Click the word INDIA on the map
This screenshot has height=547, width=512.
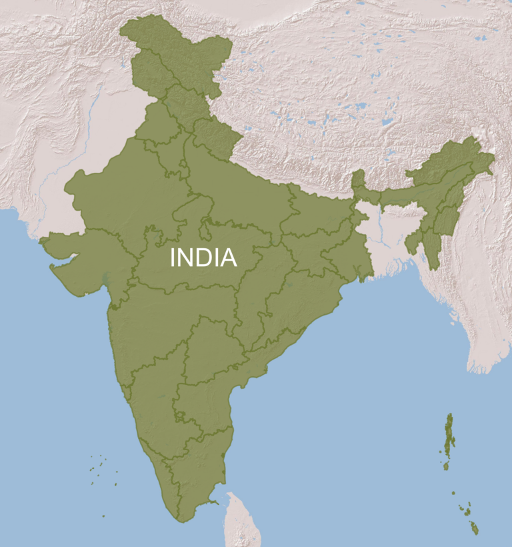click(203, 257)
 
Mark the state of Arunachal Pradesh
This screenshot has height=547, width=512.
click(453, 160)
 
